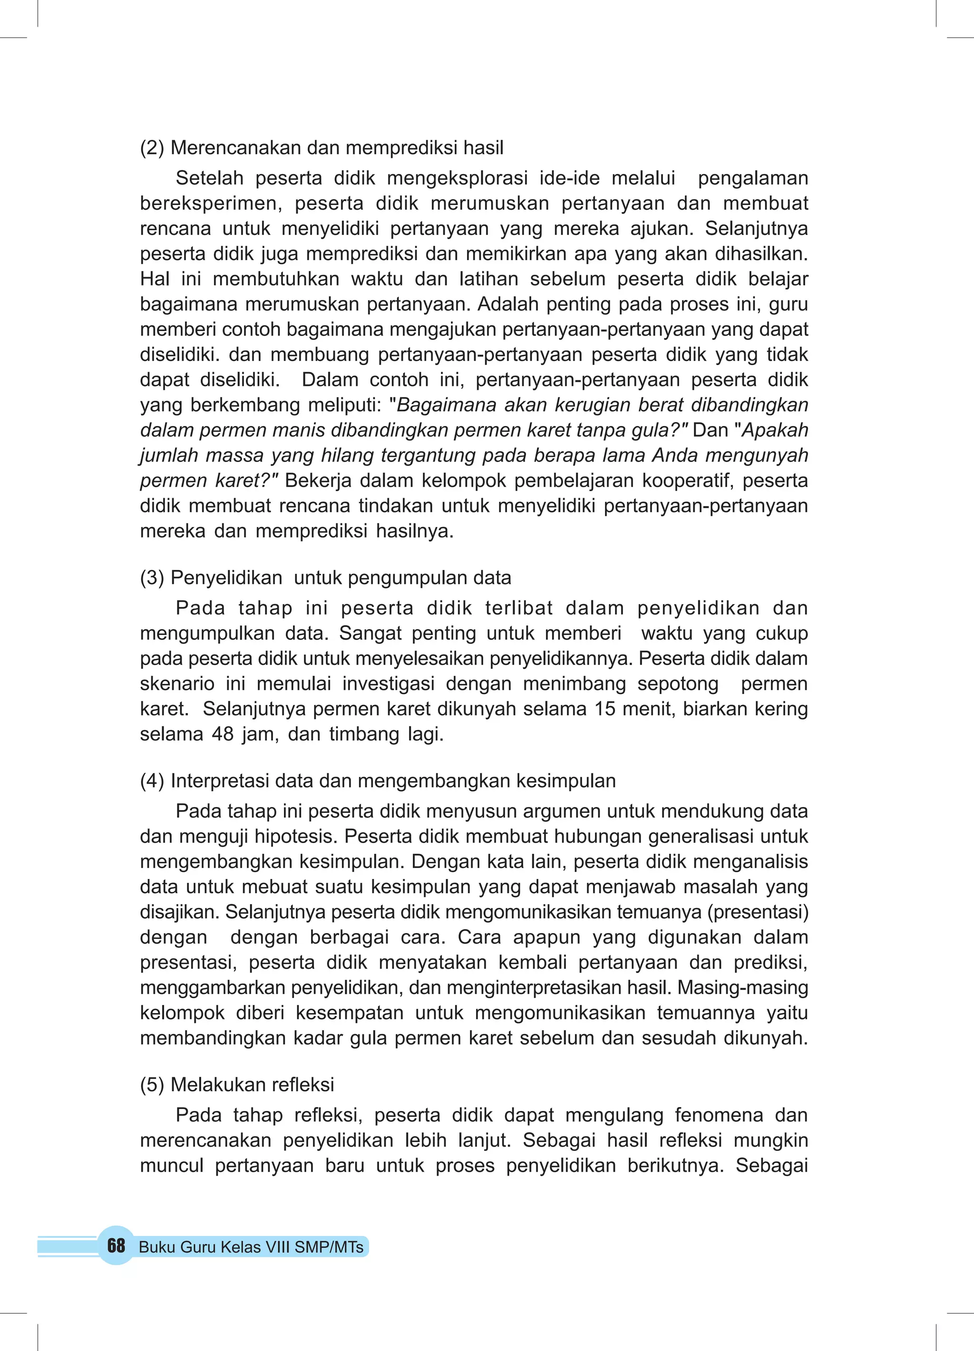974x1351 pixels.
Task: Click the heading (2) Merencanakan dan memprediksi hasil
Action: click(321, 148)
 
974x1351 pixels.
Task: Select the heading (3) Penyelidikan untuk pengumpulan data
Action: click(325, 578)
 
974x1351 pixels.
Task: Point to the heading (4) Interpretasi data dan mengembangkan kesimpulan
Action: click(377, 781)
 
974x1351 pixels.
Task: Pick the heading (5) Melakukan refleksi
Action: click(237, 1085)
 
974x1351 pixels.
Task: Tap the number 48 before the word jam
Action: click(223, 734)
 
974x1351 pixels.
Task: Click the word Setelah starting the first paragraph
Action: click(209, 178)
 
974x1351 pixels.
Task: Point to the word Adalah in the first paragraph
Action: click(506, 304)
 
